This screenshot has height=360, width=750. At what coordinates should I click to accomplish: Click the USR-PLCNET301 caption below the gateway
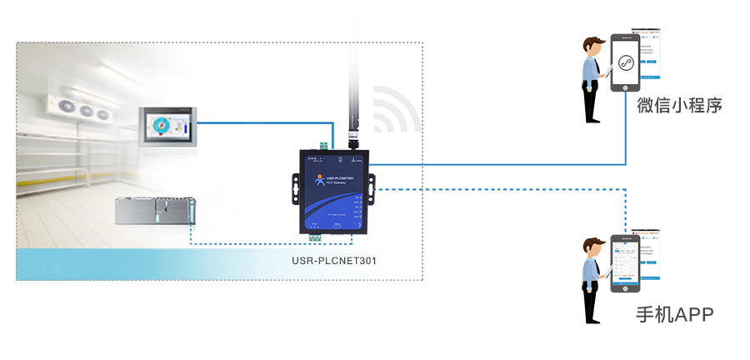(x=334, y=260)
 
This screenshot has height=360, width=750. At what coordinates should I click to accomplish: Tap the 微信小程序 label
(x=678, y=106)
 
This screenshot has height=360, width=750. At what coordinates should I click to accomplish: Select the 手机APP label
(x=674, y=314)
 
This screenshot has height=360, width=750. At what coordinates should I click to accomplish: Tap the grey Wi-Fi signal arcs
(x=396, y=108)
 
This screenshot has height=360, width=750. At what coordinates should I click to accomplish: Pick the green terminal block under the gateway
(x=316, y=237)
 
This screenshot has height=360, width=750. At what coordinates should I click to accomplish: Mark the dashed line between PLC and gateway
(x=250, y=244)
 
